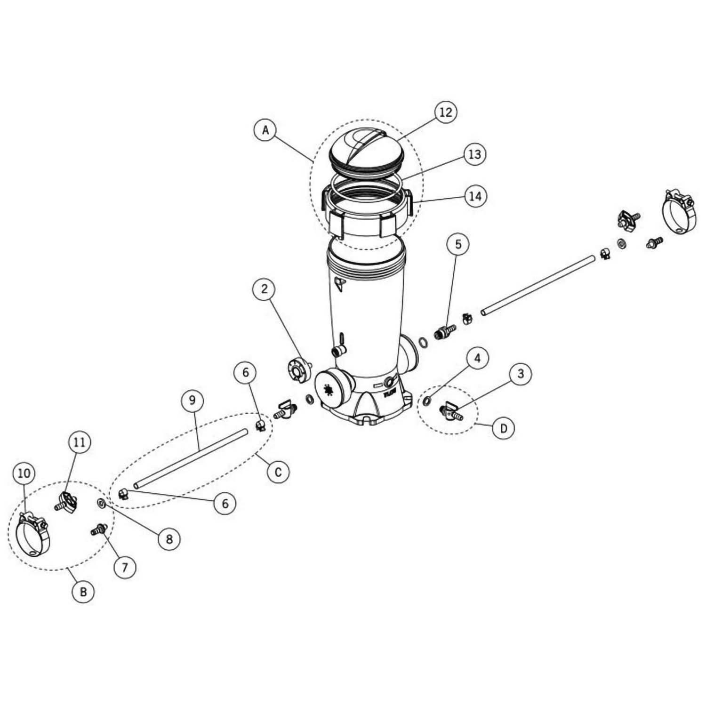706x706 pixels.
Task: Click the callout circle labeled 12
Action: point(445,112)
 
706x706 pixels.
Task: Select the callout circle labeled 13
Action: point(474,154)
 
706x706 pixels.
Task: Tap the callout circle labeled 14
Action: point(475,196)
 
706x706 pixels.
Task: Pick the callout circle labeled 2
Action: point(264,289)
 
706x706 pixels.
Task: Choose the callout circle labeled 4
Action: point(477,359)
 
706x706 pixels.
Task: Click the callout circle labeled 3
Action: point(520,374)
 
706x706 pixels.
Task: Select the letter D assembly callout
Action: point(504,428)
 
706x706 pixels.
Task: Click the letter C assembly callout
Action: point(278,472)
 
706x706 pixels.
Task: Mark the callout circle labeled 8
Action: point(169,539)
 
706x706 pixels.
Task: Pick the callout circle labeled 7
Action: point(125,568)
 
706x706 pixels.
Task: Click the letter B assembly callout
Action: point(83,592)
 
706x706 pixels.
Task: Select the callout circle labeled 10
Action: point(24,473)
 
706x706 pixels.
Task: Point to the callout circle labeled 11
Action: point(80,442)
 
